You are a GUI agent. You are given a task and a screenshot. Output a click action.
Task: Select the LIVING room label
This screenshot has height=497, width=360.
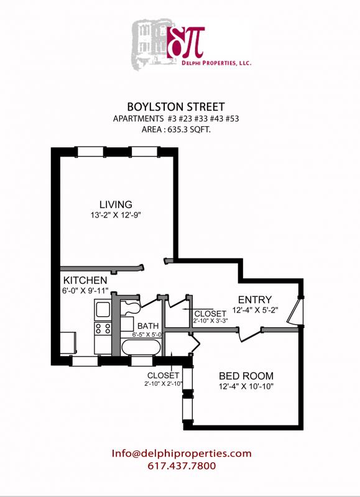click(116, 204)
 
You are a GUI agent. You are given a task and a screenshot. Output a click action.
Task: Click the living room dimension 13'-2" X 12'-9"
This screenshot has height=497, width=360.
click(116, 216)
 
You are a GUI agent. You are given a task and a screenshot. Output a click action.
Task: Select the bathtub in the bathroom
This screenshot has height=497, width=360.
click(141, 347)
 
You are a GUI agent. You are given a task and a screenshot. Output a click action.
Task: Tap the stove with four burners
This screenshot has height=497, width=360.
click(102, 328)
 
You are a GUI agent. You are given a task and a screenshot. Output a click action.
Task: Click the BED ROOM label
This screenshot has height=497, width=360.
click(246, 376)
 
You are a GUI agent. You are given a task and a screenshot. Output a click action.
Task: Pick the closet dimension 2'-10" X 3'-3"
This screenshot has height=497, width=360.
click(210, 321)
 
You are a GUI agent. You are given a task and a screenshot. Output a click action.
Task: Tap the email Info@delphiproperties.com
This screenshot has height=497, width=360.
click(182, 454)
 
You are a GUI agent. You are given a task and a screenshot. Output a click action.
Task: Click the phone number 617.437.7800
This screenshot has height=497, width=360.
click(182, 466)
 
